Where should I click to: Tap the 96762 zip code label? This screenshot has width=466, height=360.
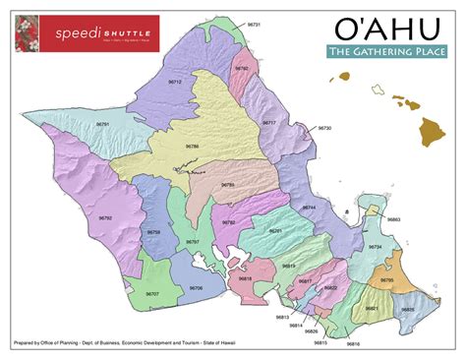242,68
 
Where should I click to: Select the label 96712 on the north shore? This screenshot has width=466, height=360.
175,83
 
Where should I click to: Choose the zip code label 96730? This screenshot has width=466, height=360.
325,128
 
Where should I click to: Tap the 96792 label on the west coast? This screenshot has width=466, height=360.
106,217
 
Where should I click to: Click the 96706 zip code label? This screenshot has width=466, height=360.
196,287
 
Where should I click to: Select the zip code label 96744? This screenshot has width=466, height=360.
309,208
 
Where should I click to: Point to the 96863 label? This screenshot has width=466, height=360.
393,219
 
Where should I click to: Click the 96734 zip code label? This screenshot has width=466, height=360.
375,246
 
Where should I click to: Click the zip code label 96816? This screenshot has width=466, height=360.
354,343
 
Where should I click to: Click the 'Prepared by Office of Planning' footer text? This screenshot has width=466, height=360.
128,343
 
